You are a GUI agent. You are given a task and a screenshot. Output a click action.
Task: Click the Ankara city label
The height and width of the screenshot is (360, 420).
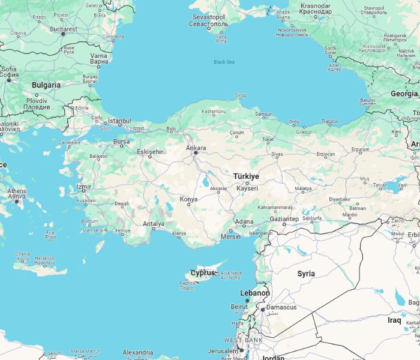[196, 148]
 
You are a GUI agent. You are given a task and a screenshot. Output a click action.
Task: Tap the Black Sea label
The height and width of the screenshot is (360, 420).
[224, 62]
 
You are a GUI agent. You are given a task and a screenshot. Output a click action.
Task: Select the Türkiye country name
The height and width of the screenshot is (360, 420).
[246, 176]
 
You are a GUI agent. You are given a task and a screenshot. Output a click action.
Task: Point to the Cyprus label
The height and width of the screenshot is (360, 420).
[202, 273]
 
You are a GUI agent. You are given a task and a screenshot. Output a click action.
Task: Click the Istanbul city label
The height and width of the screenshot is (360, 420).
[119, 121]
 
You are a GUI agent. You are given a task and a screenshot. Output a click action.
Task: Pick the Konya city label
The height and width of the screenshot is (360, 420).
[188, 199]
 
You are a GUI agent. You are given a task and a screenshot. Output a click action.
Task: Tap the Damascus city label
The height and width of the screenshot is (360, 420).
[281, 307]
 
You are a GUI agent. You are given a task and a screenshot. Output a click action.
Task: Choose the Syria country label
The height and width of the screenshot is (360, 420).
[306, 274]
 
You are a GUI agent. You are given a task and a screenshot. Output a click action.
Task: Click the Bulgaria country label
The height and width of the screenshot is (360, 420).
[46, 85]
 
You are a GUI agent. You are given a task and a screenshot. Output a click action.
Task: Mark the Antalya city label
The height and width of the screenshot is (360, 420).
[154, 224]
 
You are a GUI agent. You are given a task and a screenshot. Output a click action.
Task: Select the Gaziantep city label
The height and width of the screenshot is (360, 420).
[284, 220]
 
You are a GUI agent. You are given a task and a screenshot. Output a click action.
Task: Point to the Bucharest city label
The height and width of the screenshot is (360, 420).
[63, 29]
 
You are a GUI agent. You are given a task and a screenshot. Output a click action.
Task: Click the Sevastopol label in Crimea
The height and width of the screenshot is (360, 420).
[207, 17]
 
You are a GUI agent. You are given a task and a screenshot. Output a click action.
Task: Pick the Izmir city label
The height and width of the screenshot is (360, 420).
[83, 187]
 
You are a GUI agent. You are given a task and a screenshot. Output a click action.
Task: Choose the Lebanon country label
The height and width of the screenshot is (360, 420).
[254, 293]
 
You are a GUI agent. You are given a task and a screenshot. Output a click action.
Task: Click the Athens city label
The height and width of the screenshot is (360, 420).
[16, 191]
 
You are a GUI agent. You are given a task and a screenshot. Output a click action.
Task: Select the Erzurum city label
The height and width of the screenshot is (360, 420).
[360, 149]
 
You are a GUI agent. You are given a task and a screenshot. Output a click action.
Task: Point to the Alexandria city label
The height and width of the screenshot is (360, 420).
[137, 352]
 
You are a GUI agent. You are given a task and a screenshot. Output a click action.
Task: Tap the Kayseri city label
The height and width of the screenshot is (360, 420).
[247, 188]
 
